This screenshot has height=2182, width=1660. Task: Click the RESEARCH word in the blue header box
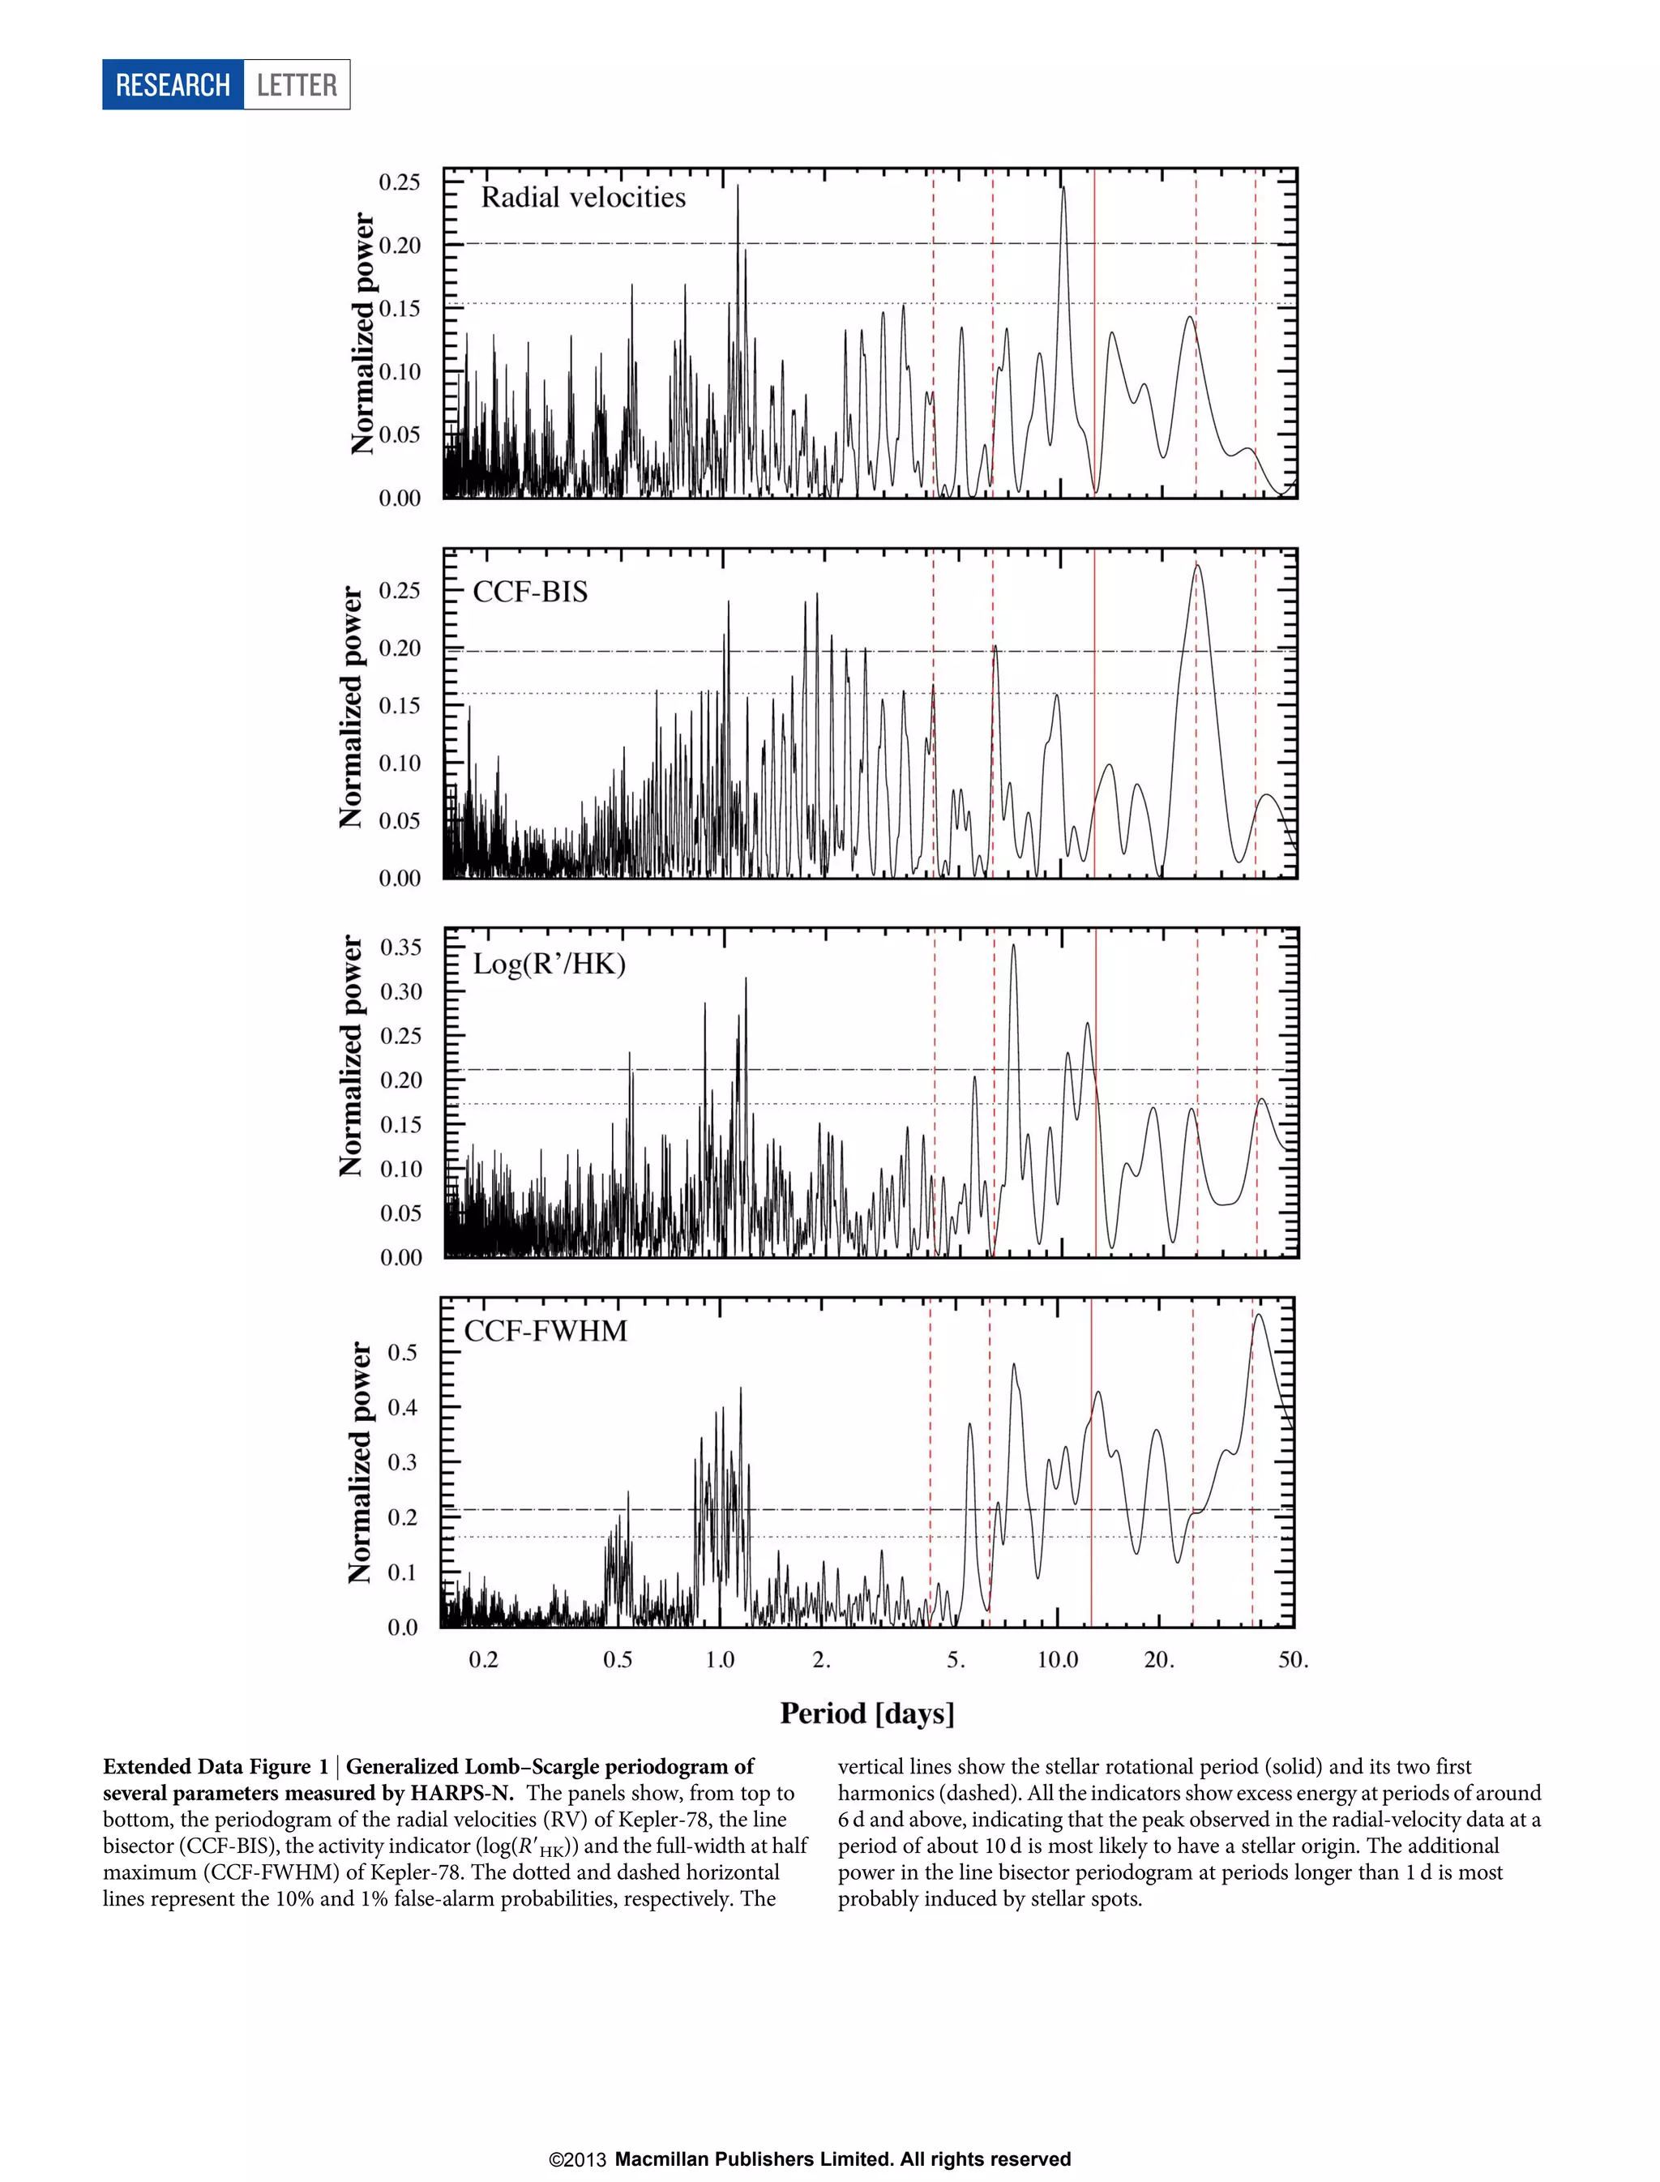click(173, 85)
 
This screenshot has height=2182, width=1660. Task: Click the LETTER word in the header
click(297, 85)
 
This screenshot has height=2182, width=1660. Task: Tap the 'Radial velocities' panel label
click(583, 198)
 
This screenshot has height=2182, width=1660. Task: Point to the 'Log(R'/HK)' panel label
click(550, 964)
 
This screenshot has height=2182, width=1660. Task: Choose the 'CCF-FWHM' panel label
click(545, 1331)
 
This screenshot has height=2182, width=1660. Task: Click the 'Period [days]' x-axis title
click(866, 1713)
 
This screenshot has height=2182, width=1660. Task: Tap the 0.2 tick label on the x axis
click(483, 1660)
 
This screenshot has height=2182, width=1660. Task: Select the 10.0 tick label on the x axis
click(1057, 1660)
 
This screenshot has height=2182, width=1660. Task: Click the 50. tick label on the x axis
click(1293, 1660)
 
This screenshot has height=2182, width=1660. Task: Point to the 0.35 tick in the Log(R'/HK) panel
click(400, 947)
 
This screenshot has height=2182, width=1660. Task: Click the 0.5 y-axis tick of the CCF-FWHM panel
click(402, 1352)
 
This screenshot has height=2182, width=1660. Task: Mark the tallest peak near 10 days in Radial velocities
click(1063, 188)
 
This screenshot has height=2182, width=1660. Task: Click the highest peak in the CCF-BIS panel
click(1197, 565)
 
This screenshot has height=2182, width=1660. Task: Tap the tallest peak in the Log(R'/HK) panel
click(1013, 946)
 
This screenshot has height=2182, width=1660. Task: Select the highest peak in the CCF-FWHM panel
click(1258, 1315)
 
